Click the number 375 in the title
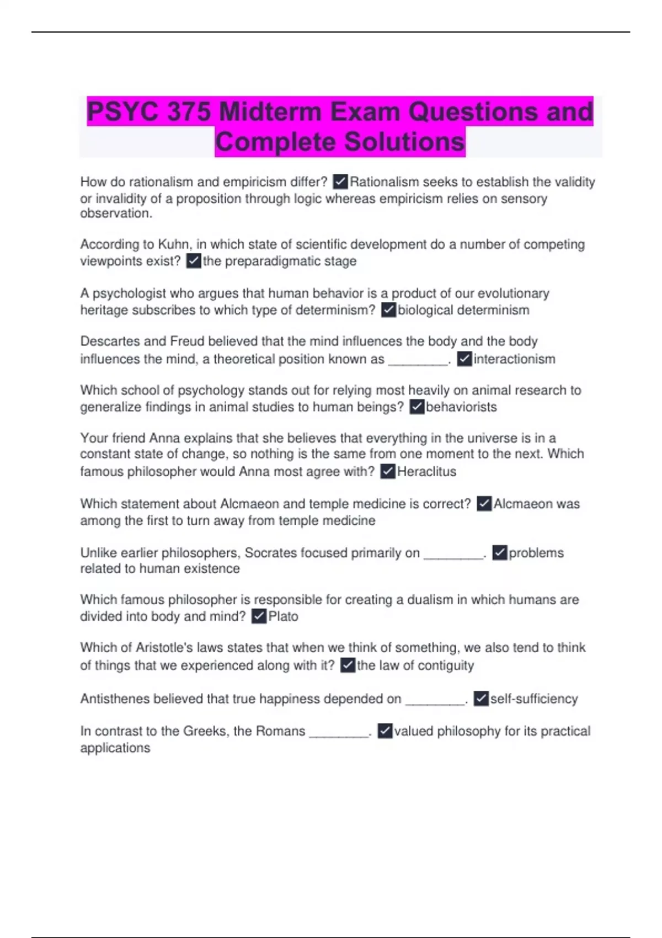pyautogui.click(x=189, y=112)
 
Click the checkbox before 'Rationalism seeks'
pyautogui.click(x=340, y=182)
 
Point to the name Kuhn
pyautogui.click(x=174, y=244)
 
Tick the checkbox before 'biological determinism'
pyautogui.click(x=388, y=310)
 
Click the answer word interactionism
pyautogui.click(x=514, y=359)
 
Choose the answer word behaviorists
pyautogui.click(x=461, y=407)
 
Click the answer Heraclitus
pyautogui.click(x=426, y=472)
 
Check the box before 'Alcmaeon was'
pyautogui.click(x=484, y=504)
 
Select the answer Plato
pyautogui.click(x=283, y=616)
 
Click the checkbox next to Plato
pyautogui.click(x=259, y=616)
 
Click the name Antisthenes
pyautogui.click(x=115, y=699)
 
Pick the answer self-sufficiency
pyautogui.click(x=534, y=699)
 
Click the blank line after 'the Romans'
pyautogui.click(x=339, y=733)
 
